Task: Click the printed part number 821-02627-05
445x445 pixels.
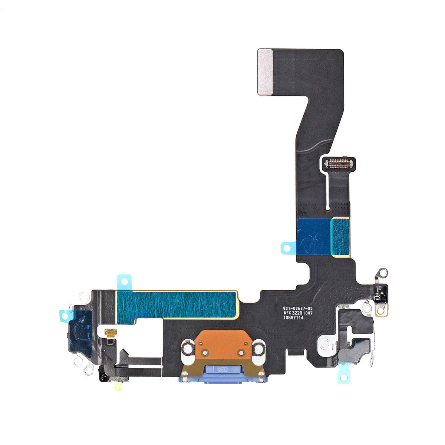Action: pyautogui.click(x=298, y=308)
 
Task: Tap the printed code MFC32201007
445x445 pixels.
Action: pyautogui.click(x=298, y=313)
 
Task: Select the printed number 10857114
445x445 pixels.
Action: pyautogui.click(x=293, y=318)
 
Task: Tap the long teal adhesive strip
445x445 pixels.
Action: pyautogui.click(x=177, y=304)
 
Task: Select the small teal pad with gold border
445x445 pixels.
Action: pyautogui.click(x=340, y=237)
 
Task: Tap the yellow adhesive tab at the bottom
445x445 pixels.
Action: pyautogui.click(x=118, y=387)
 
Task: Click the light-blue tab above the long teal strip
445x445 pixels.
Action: pyautogui.click(x=124, y=280)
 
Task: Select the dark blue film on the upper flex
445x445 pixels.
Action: pyautogui.click(x=313, y=237)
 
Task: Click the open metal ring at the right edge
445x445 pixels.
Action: pyautogui.click(x=382, y=273)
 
